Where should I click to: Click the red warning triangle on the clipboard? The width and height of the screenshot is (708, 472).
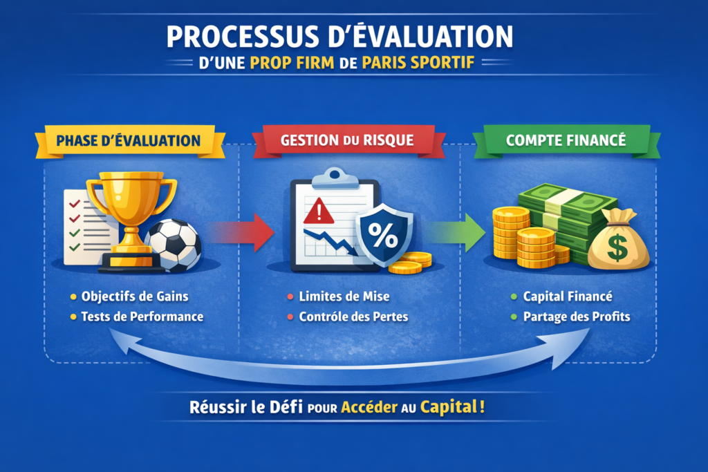point(319,211)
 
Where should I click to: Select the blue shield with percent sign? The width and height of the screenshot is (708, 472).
point(384,234)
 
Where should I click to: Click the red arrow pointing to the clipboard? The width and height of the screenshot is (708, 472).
point(241,232)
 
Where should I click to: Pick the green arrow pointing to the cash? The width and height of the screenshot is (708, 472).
point(456,232)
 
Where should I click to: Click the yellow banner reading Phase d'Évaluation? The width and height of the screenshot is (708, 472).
point(129,141)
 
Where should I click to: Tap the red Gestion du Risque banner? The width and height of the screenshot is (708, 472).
point(348,141)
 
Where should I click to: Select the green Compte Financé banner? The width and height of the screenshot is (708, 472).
point(567,141)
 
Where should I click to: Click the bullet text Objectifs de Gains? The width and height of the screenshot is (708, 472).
point(135,296)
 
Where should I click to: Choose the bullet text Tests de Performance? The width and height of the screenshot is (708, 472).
point(142,317)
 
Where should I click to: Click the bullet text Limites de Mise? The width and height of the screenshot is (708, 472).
point(344,296)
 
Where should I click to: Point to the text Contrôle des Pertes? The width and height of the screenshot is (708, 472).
point(353,317)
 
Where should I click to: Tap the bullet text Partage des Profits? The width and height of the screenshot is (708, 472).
point(577,317)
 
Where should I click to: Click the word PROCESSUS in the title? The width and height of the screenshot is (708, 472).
point(243,37)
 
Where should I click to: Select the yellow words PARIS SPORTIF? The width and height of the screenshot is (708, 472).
point(418,63)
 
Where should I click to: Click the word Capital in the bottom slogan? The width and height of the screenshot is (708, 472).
point(448,407)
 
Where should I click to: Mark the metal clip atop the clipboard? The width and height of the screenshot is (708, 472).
point(335,178)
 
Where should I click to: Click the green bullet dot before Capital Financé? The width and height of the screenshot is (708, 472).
point(514,296)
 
